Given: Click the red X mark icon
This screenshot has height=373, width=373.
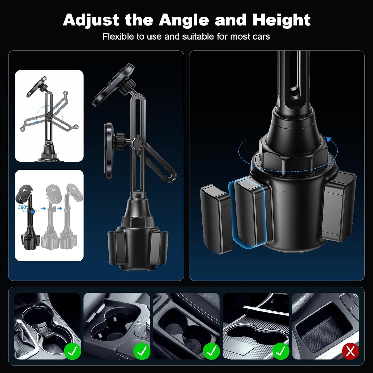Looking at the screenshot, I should click(350, 351).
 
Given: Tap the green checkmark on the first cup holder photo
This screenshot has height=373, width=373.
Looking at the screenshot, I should click(72, 351).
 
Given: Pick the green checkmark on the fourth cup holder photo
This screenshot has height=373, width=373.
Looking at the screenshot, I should click(281, 351).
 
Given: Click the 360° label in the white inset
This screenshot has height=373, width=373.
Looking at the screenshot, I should click(23, 207).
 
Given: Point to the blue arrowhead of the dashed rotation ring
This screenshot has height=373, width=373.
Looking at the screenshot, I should click(329, 140).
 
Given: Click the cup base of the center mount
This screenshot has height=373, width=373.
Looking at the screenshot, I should click(138, 248).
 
